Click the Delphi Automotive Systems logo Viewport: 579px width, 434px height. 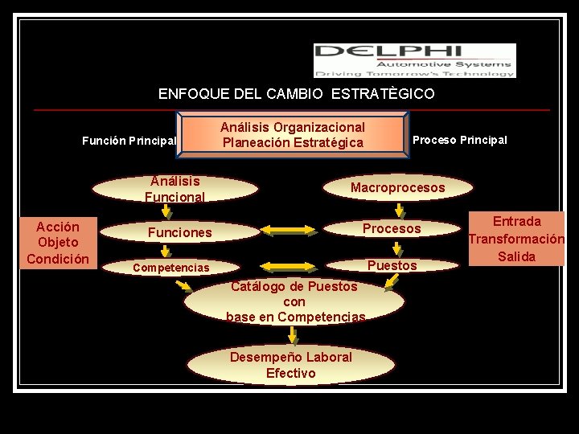tap(414, 60)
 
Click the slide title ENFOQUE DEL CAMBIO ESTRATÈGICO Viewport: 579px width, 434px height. tap(296, 94)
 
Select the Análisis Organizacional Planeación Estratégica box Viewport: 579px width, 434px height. tap(293, 135)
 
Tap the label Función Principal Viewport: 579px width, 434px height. tap(129, 141)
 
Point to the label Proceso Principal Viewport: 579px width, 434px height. tap(459, 140)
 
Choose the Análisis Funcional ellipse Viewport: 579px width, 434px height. tap(175, 189)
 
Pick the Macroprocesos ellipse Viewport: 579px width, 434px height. tap(397, 188)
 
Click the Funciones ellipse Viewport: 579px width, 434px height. tap(179, 232)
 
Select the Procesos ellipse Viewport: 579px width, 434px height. tap(392, 229)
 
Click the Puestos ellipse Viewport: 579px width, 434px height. tap(392, 265)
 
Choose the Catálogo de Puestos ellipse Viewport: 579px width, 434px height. tap(294, 302)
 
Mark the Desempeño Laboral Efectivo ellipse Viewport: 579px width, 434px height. tap(290, 366)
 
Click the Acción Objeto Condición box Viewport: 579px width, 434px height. tap(58, 242)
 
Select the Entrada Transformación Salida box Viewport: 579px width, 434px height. tap(516, 239)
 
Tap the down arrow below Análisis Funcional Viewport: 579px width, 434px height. tap(166, 211)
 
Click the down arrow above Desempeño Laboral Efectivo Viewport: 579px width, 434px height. tap(294, 336)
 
